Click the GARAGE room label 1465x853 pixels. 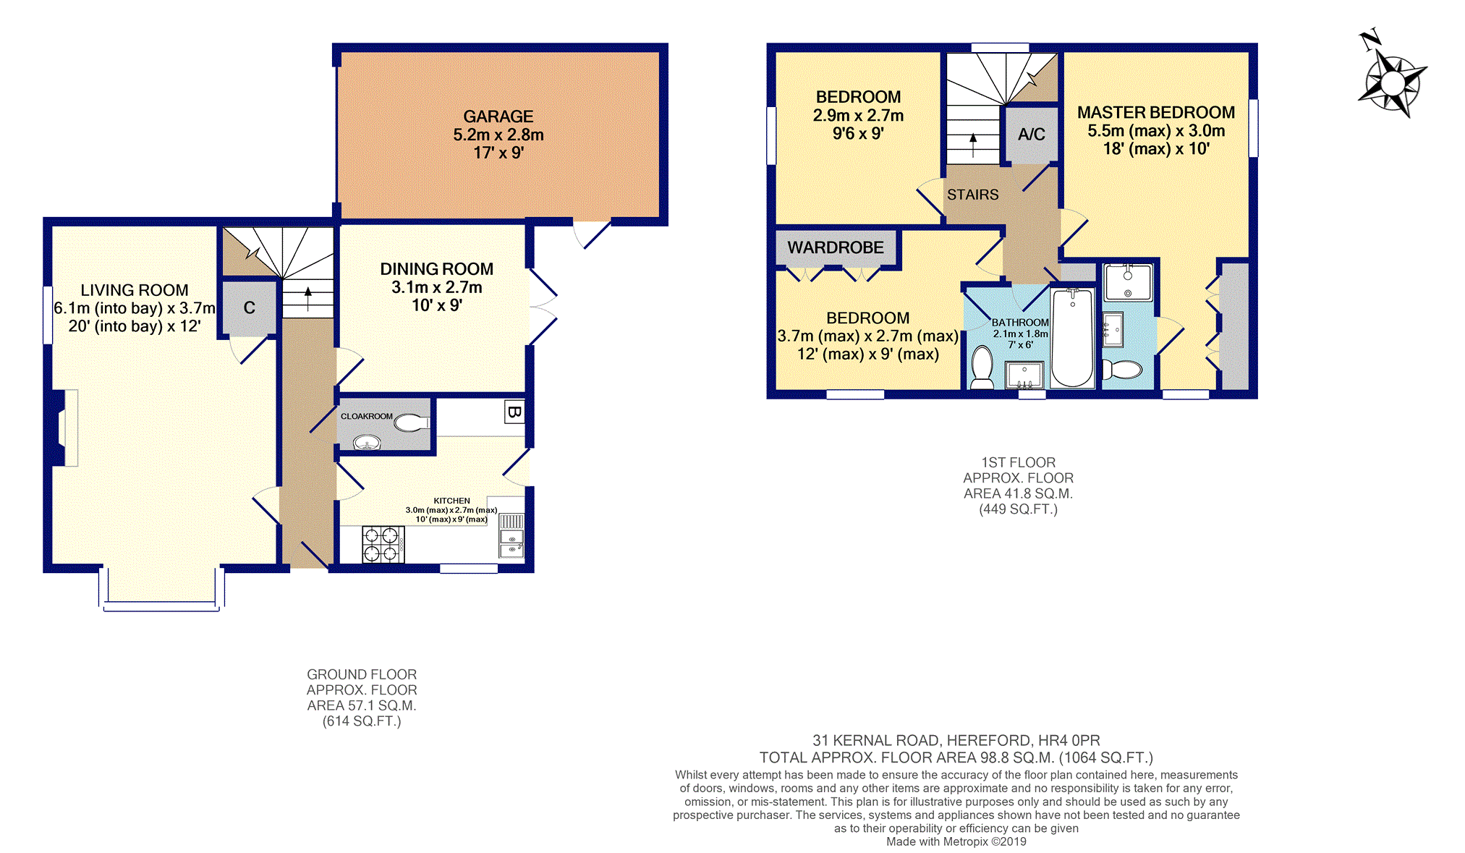pyautogui.click(x=498, y=116)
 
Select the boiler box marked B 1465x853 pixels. pyautogui.click(x=514, y=412)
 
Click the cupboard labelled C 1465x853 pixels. pyautogui.click(x=249, y=307)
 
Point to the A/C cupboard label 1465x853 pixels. pyautogui.click(x=1031, y=134)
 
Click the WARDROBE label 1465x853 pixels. pyautogui.click(x=836, y=247)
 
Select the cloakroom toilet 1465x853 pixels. pyautogui.click(x=412, y=423)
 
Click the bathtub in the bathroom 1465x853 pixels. pyautogui.click(x=1072, y=338)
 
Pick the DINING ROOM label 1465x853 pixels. pyautogui.click(x=437, y=269)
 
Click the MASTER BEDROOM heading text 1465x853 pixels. pyautogui.click(x=1156, y=113)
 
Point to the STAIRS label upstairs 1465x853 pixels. pyautogui.click(x=972, y=195)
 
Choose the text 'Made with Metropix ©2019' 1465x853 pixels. pyautogui.click(x=956, y=841)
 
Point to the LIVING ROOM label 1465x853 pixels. pyautogui.click(x=135, y=290)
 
